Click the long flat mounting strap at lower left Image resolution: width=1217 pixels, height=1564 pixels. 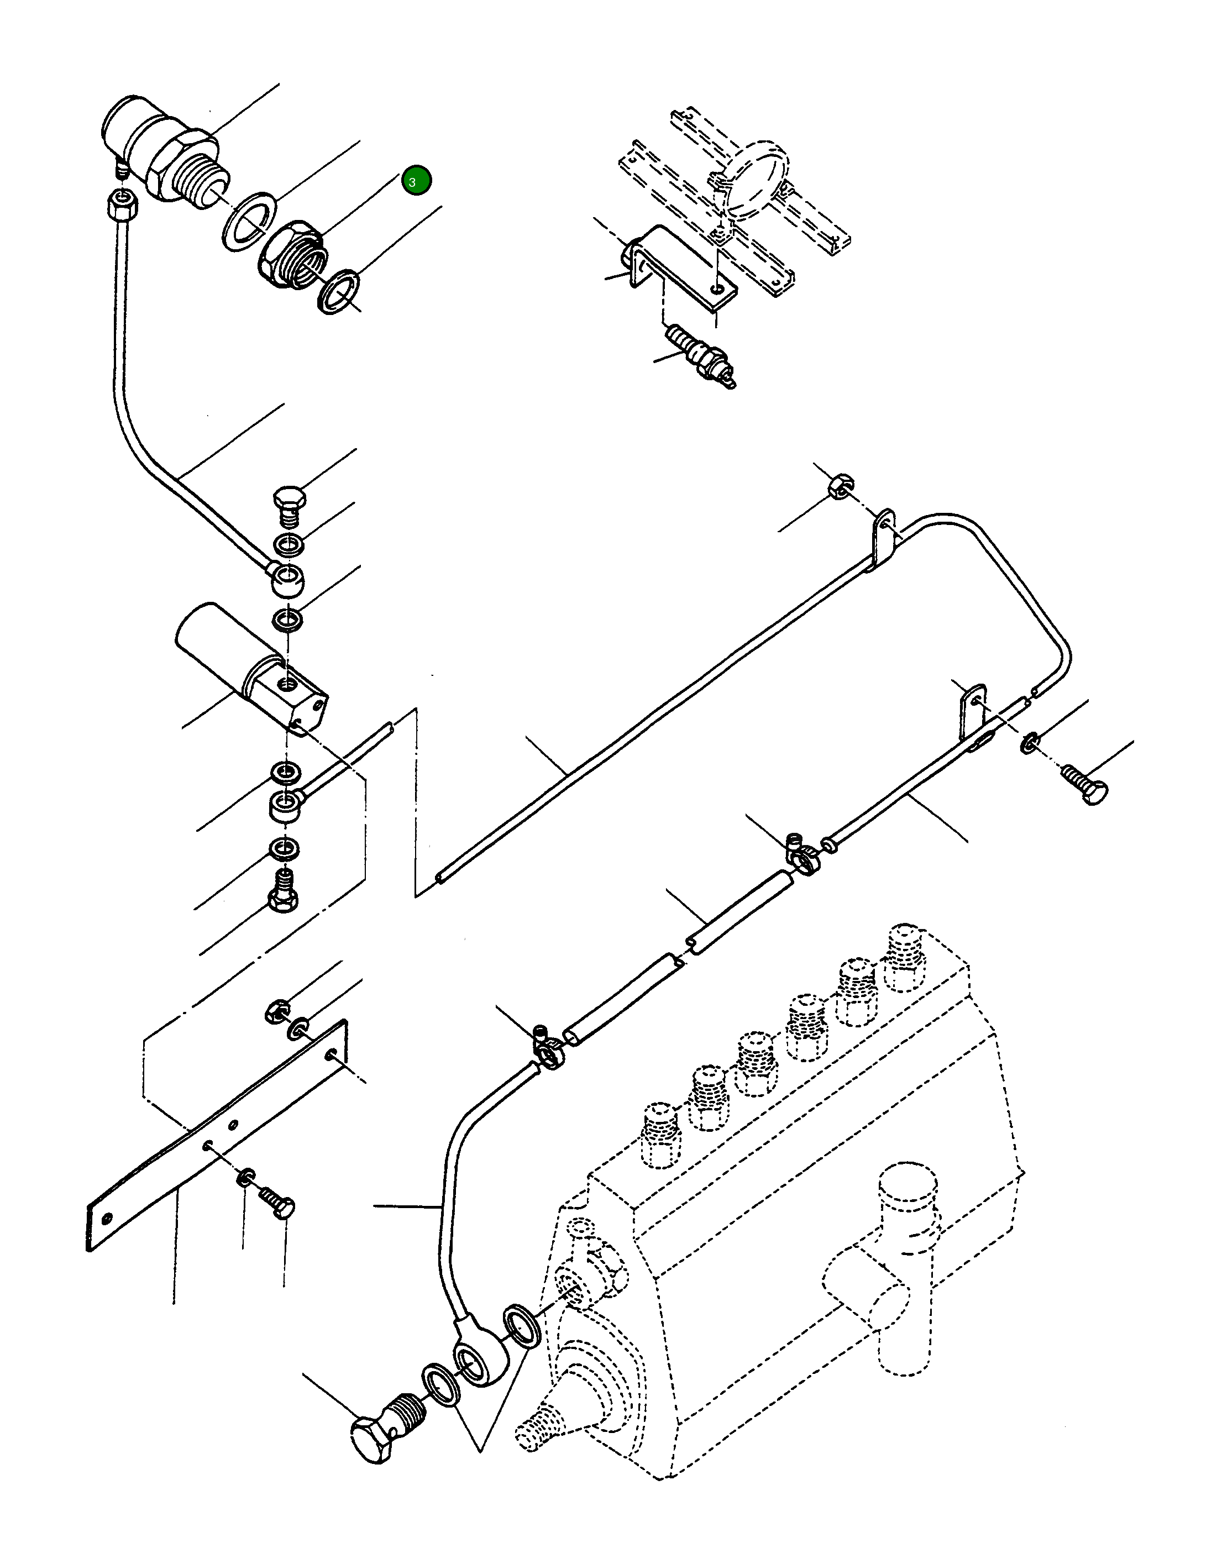215,1131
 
